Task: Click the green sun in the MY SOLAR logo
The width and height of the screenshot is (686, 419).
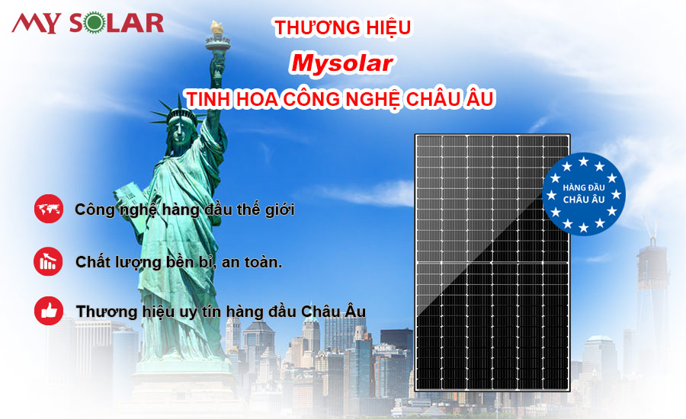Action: click(95, 23)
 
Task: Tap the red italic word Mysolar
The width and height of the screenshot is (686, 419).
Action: click(341, 63)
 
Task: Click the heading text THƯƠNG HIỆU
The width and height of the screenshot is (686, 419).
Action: click(342, 27)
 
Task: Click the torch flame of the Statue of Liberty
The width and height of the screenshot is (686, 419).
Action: click(216, 27)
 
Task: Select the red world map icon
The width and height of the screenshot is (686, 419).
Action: click(49, 209)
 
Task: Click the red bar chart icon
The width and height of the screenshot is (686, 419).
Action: click(48, 261)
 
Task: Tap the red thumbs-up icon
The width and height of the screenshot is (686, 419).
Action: click(49, 311)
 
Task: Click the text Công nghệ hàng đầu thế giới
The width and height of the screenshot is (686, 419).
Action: click(184, 209)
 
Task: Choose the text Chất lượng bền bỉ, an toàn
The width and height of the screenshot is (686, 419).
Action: click(179, 262)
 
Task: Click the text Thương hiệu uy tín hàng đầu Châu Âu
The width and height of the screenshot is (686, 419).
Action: click(221, 312)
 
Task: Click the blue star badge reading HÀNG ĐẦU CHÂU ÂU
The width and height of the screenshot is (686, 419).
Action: click(584, 194)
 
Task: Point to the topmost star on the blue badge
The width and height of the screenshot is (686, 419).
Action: click(584, 162)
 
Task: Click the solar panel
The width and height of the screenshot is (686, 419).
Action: click(492, 262)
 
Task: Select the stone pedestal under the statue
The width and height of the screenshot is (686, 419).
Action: click(183, 385)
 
